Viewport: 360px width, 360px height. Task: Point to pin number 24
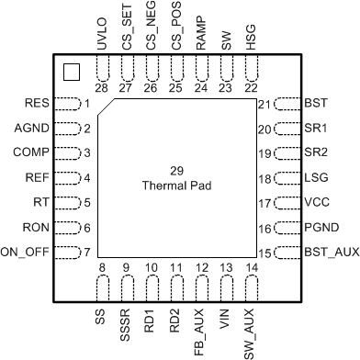pyautogui.click(x=200, y=88)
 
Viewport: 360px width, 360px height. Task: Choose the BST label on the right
pyautogui.click(x=314, y=104)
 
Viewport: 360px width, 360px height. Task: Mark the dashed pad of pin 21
pyautogui.click(x=287, y=104)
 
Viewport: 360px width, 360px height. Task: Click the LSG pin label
pyautogui.click(x=314, y=178)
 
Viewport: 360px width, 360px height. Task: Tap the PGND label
pyautogui.click(x=319, y=228)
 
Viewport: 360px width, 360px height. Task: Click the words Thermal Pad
pyautogui.click(x=178, y=186)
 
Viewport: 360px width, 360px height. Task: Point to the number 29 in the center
pyautogui.click(x=178, y=172)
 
